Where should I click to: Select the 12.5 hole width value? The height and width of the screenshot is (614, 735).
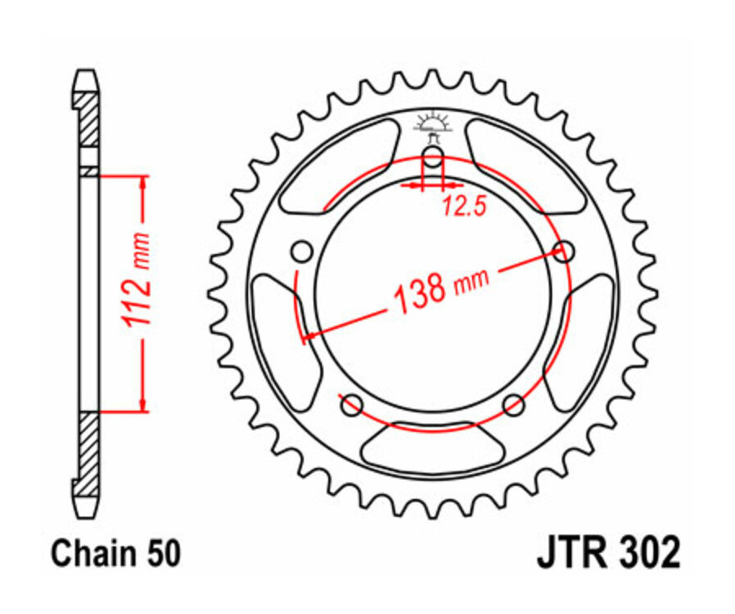pos(465,207)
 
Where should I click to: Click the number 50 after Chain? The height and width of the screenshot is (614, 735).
pos(162,554)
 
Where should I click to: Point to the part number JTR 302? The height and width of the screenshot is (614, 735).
pos(608,554)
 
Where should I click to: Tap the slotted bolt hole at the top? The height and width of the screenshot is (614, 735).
pos(433,158)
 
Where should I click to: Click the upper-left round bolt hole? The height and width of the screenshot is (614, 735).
pos(303,250)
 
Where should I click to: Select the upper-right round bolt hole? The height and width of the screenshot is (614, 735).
pos(563,251)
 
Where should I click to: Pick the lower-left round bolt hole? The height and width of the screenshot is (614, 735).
pos(353,403)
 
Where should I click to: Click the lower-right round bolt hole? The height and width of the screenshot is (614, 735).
pos(513,403)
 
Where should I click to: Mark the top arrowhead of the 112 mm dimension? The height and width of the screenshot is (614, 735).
pos(144,184)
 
